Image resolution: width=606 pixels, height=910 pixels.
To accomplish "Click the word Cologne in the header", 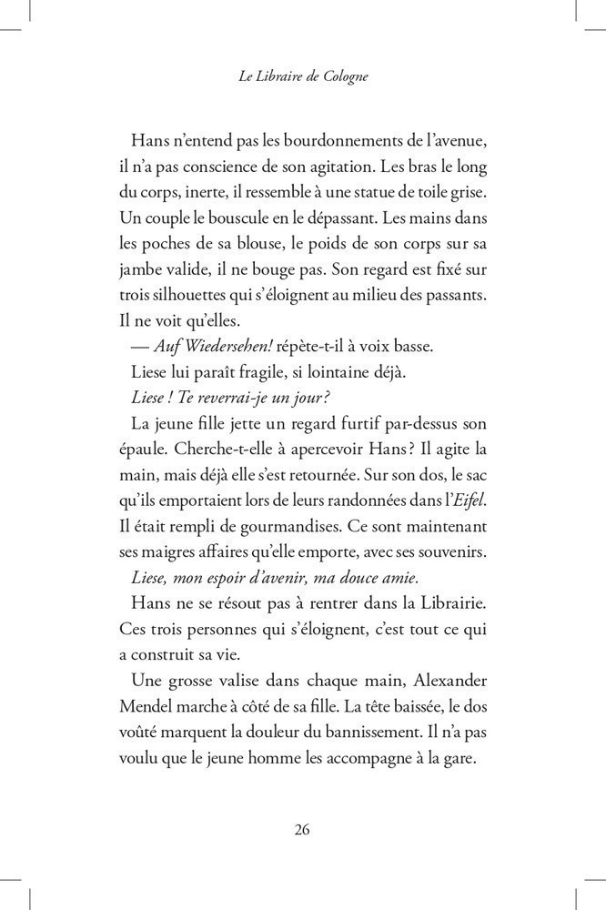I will (341, 78).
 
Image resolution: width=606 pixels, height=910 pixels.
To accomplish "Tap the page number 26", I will (303, 829).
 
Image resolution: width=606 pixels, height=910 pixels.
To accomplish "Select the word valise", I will (248, 679).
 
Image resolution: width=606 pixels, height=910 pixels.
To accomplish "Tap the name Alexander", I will (439, 679).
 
